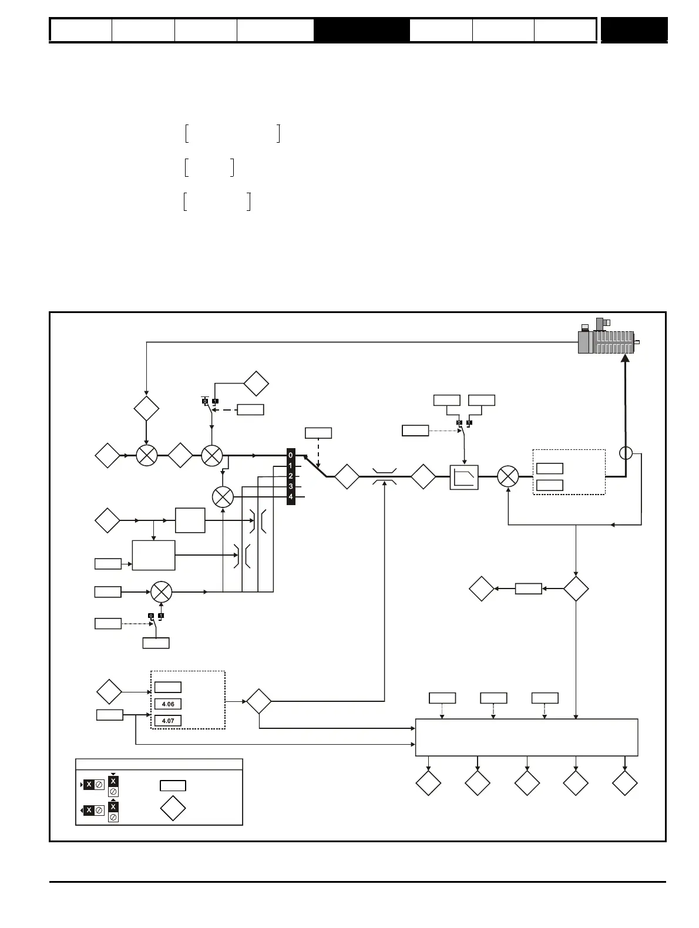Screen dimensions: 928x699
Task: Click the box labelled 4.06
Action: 167,704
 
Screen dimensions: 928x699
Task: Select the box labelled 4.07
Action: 167,721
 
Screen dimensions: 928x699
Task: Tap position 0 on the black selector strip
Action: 291,455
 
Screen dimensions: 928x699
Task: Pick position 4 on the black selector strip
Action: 291,497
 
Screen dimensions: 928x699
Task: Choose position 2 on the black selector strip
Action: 291,476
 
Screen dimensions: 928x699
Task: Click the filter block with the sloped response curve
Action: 464,477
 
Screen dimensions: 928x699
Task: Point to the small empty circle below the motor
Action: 626,453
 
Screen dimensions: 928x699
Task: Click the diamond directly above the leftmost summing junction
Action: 146,409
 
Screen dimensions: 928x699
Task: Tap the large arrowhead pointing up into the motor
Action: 626,358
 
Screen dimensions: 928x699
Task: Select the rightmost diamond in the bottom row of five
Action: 624,783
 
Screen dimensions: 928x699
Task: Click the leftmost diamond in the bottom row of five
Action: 428,783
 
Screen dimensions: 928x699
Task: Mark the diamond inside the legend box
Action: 173,809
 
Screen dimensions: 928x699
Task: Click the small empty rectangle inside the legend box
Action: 173,785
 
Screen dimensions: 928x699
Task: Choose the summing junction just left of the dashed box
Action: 508,476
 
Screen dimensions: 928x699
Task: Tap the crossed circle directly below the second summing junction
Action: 223,497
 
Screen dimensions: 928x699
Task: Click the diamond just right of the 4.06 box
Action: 258,701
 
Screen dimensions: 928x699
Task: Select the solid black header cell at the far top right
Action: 634,30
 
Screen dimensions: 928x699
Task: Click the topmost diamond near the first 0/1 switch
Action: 256,384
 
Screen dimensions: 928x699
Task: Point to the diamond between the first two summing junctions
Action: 180,455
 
